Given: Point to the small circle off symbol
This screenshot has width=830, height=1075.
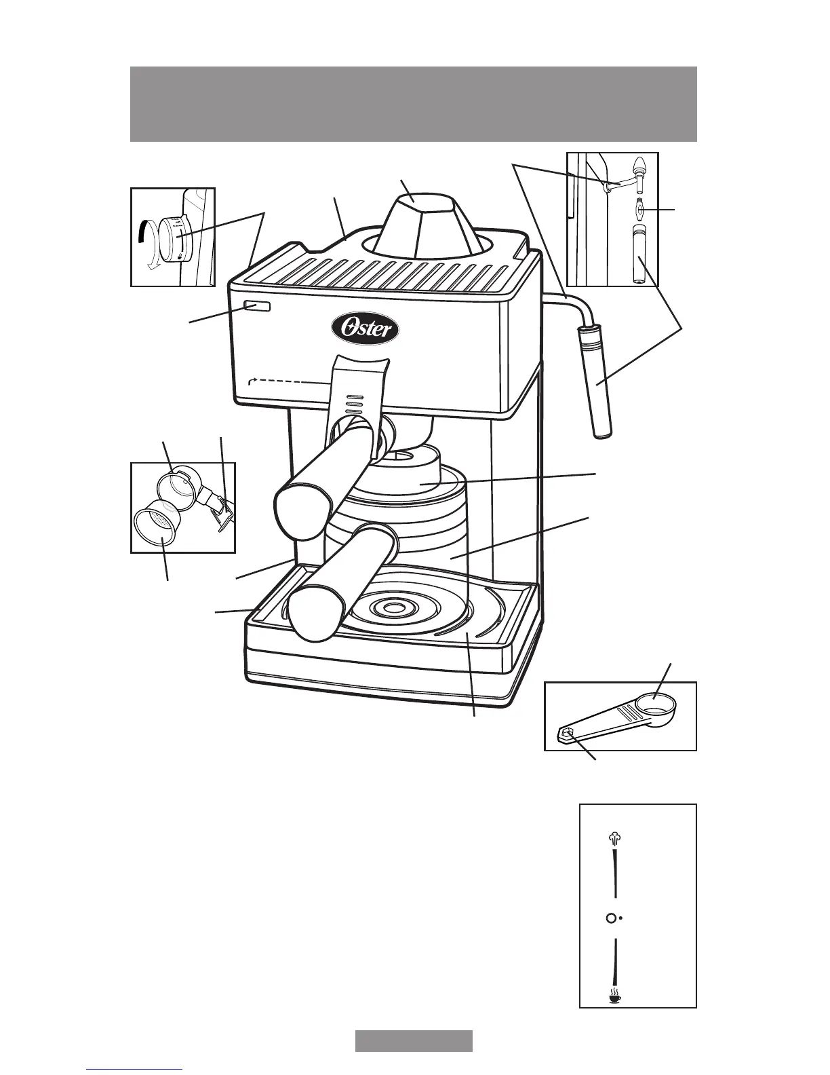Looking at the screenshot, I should click(611, 918).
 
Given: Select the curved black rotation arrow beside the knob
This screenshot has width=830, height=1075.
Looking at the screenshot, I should click(142, 248).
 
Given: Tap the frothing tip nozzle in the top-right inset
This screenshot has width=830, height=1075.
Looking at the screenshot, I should click(638, 167).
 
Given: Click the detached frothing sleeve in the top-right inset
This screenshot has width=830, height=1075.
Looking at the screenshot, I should click(637, 255).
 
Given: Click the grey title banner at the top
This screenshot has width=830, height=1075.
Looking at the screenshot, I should click(414, 104).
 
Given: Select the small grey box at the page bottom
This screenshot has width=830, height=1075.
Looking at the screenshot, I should click(414, 1040).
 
